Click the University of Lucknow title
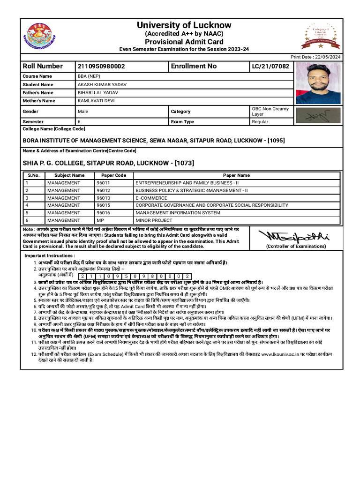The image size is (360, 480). click(184, 25)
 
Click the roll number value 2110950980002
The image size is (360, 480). click(101, 67)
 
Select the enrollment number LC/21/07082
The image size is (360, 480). click(270, 67)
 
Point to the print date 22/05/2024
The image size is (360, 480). click(328, 57)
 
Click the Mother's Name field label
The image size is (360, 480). click(39, 101)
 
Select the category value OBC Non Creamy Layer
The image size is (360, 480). click(270, 111)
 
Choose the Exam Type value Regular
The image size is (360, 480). click(260, 122)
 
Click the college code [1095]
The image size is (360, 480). click(274, 141)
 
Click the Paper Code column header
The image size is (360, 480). click(114, 175)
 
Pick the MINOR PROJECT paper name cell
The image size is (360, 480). click(154, 220)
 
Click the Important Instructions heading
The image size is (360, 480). click(50, 255)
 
